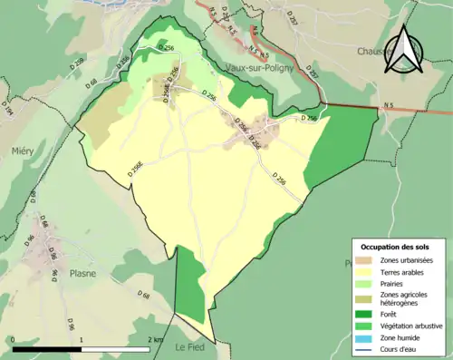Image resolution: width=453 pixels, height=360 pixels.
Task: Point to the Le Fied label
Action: [192, 347]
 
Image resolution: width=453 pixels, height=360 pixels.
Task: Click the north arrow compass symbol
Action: [403, 54]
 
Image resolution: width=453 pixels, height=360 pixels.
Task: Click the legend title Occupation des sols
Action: [396, 247]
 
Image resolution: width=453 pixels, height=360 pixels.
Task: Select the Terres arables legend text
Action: [404, 272]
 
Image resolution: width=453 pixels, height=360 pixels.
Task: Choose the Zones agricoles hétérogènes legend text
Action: [406, 298]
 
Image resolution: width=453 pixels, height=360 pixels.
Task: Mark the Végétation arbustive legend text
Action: [413, 326]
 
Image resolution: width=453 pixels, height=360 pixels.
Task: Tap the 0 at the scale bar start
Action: [14, 339]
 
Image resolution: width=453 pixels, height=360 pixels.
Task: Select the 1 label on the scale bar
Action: [82, 339]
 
